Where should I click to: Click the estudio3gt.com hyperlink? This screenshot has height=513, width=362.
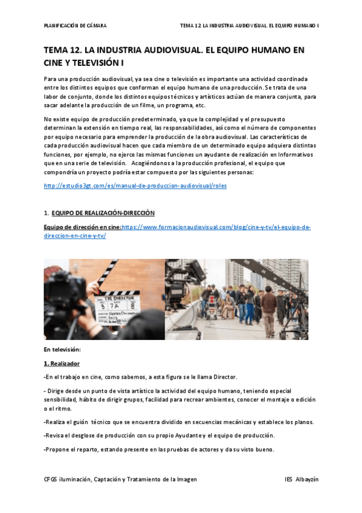135,186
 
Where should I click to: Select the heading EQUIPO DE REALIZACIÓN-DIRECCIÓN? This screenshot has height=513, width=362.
103,213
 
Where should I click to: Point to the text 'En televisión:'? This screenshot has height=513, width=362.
62,350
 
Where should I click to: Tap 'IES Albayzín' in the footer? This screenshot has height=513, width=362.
302,479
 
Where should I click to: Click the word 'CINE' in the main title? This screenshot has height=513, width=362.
57,62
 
